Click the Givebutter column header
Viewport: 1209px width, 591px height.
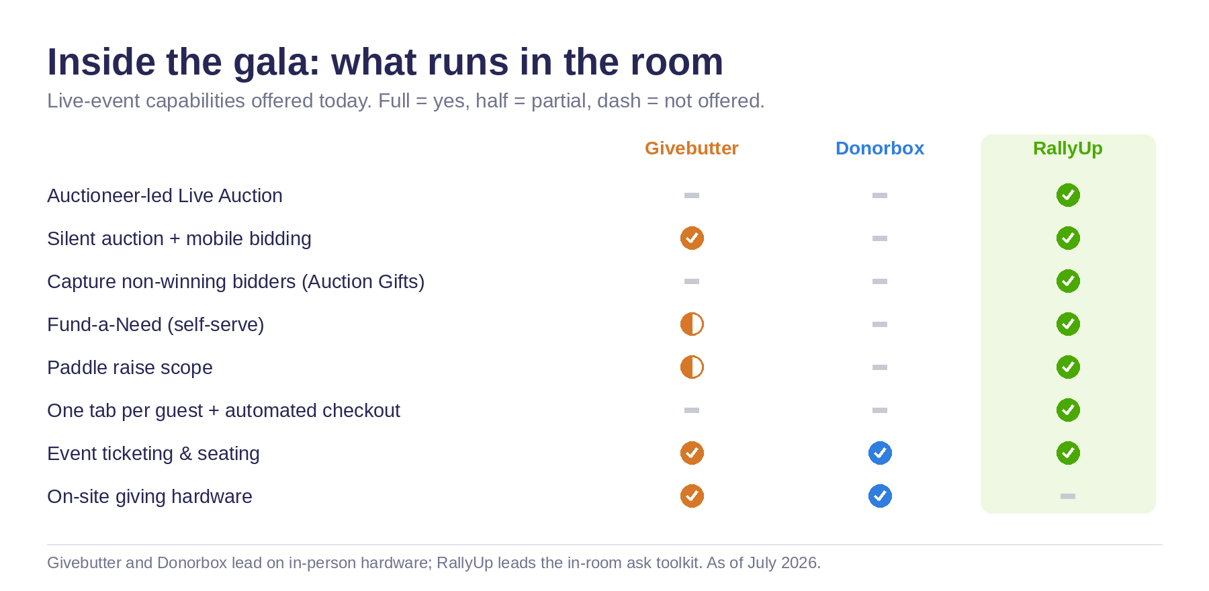pos(691,148)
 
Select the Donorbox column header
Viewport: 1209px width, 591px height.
pos(880,148)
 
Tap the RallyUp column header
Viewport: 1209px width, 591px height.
pos(1068,148)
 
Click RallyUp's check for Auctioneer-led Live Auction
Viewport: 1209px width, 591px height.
pos(1068,195)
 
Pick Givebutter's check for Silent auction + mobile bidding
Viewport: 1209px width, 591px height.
pos(692,238)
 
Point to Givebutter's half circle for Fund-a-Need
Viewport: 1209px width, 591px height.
pos(692,324)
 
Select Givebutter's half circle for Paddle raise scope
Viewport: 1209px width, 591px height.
pos(692,367)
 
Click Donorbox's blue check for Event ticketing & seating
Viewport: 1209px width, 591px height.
pos(880,453)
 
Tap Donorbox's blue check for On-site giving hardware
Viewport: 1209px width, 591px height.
pos(880,496)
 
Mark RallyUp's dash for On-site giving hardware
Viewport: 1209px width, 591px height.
pos(1068,496)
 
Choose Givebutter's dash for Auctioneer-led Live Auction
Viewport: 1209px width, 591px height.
pos(692,195)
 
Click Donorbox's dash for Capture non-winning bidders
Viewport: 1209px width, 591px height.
pos(880,281)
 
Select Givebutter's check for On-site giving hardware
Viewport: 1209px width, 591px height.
pos(692,496)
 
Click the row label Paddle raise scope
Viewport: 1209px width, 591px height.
pos(130,368)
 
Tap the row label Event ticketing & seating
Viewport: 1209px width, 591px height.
pos(153,454)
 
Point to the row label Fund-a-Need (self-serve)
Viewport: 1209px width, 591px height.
pos(156,325)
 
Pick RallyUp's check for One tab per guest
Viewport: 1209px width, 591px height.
pos(1068,410)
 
